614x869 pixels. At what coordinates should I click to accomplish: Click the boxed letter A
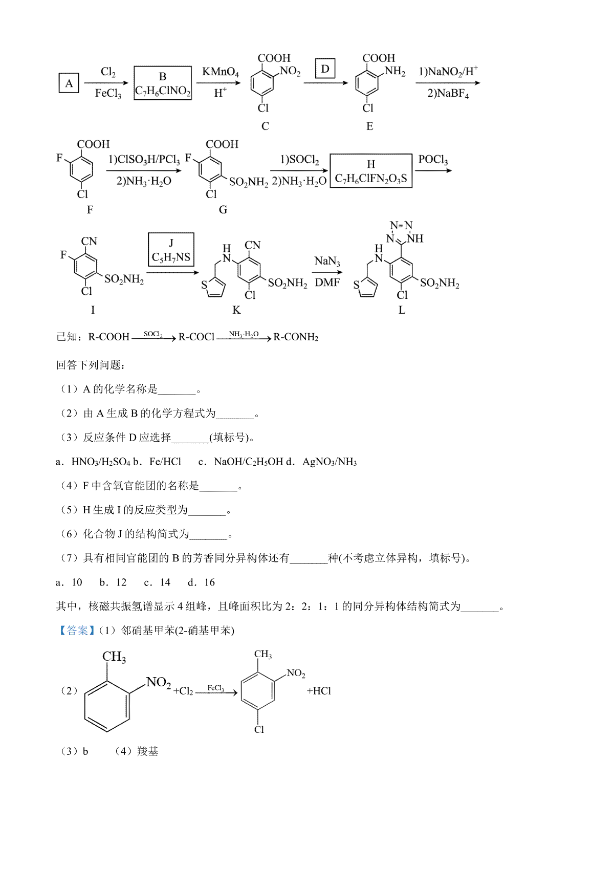(x=69, y=83)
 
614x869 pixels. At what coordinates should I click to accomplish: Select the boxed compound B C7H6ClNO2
(x=163, y=83)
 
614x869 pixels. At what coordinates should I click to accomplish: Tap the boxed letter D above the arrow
(x=325, y=69)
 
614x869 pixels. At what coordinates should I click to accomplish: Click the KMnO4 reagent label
(x=221, y=72)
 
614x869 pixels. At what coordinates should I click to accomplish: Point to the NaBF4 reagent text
(x=448, y=94)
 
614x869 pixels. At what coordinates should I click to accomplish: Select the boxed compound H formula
(x=371, y=171)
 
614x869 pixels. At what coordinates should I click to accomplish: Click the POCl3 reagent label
(x=433, y=160)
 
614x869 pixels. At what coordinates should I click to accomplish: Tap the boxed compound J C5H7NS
(x=171, y=249)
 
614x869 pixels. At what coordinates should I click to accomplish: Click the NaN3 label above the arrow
(x=327, y=261)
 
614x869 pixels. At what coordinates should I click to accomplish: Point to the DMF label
(x=327, y=283)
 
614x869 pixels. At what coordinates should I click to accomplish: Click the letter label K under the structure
(x=236, y=310)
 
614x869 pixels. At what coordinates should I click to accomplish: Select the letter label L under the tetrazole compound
(x=402, y=310)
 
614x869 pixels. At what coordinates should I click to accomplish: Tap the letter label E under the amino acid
(x=369, y=126)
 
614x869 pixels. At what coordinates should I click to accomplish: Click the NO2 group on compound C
(x=290, y=71)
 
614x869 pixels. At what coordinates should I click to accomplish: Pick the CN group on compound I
(x=89, y=241)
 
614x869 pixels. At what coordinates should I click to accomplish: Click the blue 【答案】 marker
(x=76, y=631)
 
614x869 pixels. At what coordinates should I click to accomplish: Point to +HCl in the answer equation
(x=319, y=691)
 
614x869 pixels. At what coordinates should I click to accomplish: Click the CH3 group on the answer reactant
(x=114, y=657)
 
